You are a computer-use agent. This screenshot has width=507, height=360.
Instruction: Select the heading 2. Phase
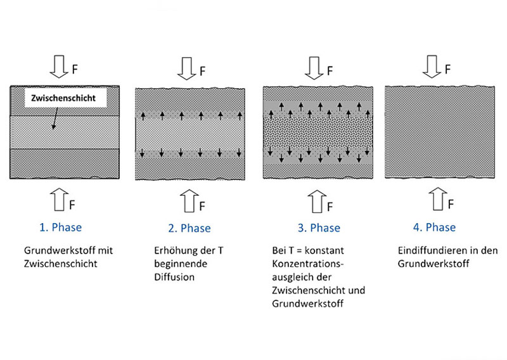coord(189,228)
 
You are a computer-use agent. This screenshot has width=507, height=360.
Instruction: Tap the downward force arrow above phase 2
coord(186,68)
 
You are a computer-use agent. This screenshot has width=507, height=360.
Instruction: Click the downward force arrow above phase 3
coord(314,68)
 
